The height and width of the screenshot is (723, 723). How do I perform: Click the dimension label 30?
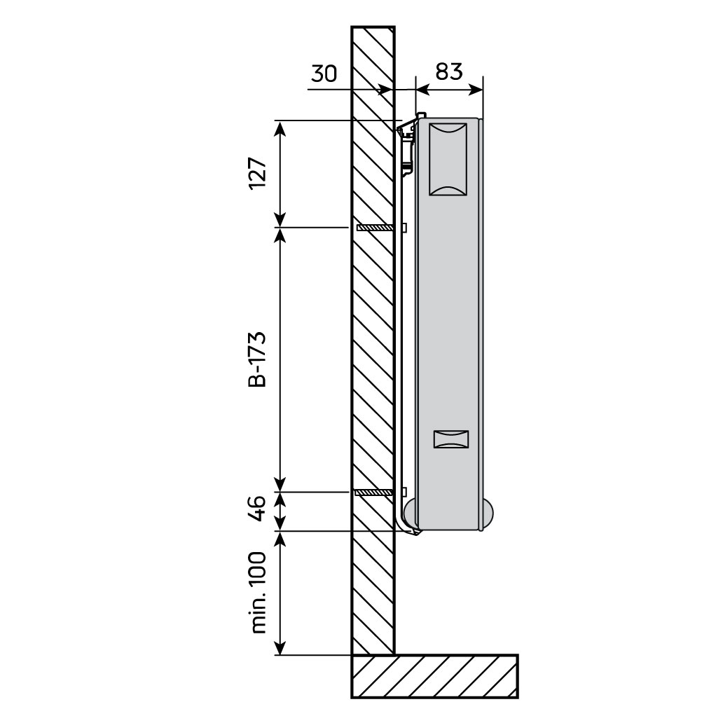pos(324,74)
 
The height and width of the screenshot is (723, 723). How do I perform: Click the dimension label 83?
pos(448,71)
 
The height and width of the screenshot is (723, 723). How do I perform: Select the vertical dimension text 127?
pos(258,173)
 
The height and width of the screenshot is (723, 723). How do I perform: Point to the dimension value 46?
pos(258,508)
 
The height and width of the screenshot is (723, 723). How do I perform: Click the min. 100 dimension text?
pos(258,592)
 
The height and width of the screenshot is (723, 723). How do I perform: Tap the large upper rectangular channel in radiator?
pos(448,159)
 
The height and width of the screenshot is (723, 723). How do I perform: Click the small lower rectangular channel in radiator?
pos(451,439)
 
